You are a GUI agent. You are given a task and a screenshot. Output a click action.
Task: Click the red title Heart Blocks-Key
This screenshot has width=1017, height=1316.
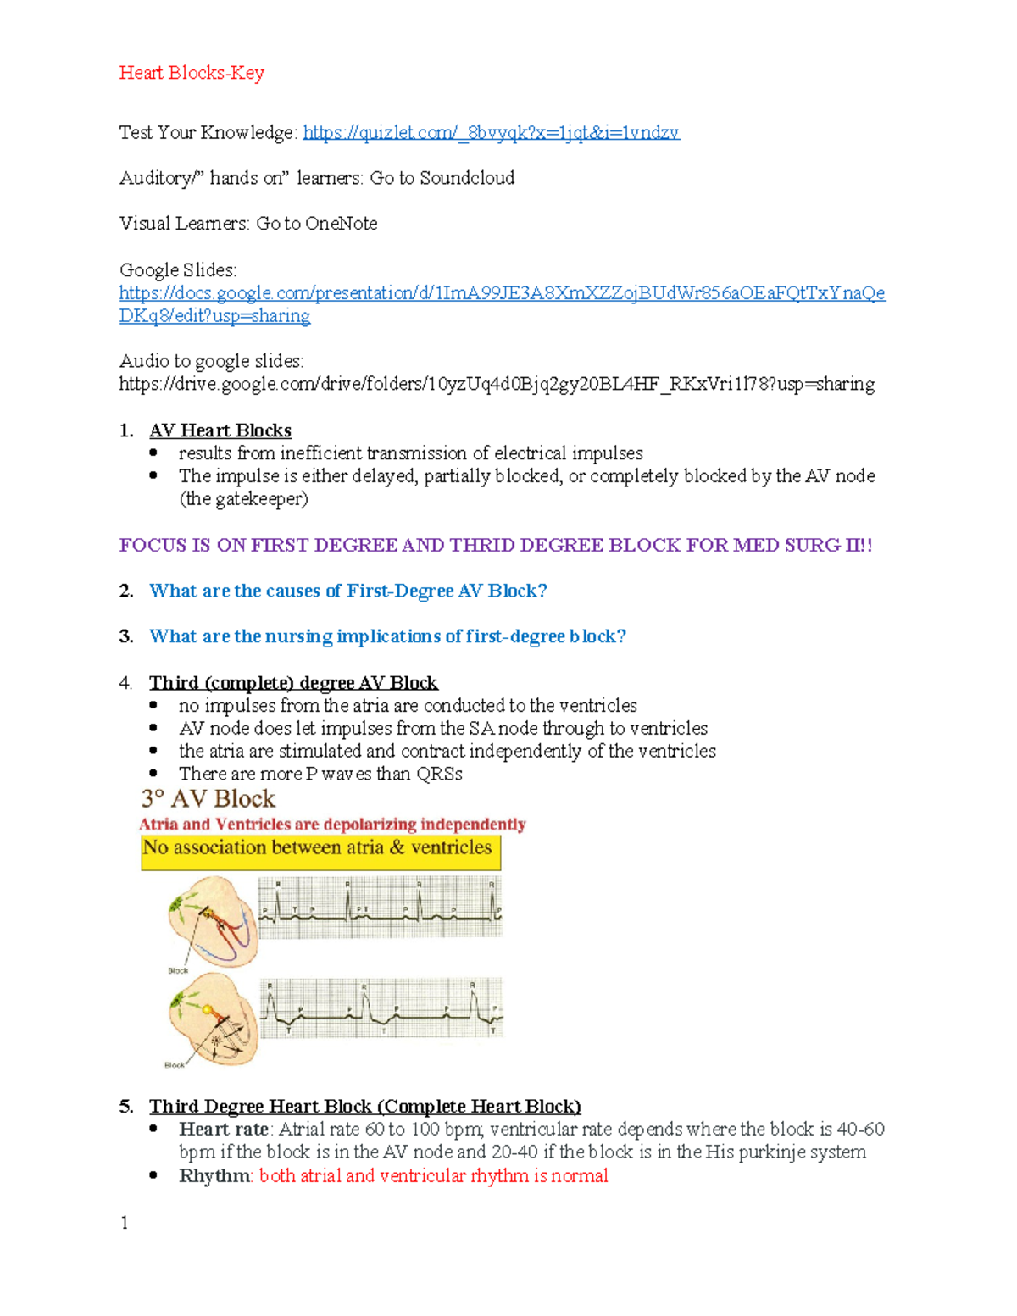pos(192,73)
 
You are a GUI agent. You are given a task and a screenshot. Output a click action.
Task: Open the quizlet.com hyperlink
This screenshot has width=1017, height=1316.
pos(491,132)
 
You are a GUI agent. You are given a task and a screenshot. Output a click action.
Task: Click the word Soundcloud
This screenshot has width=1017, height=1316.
pos(467,178)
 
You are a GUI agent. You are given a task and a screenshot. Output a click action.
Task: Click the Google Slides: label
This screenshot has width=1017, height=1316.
pos(178,269)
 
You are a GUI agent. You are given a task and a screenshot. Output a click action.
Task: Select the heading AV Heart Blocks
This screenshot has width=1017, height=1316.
pos(220,430)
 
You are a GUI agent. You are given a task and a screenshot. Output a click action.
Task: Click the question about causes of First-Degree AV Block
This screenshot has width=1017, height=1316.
pos(347,591)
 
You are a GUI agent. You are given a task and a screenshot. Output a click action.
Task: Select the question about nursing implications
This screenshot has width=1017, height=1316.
pos(387,636)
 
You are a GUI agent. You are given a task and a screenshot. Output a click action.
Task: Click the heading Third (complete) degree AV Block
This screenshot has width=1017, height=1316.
pos(293,683)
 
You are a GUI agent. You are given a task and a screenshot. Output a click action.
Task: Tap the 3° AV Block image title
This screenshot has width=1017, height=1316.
pos(208,798)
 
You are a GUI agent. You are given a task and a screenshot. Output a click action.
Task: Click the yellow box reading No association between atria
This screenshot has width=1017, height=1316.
pos(320,851)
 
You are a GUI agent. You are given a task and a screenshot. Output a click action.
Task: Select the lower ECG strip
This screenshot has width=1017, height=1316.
pos(381,1008)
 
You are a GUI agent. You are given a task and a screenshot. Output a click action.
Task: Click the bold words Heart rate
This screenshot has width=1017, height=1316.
pos(224,1130)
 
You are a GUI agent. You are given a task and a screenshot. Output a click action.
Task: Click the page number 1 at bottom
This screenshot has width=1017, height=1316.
pos(125,1222)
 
